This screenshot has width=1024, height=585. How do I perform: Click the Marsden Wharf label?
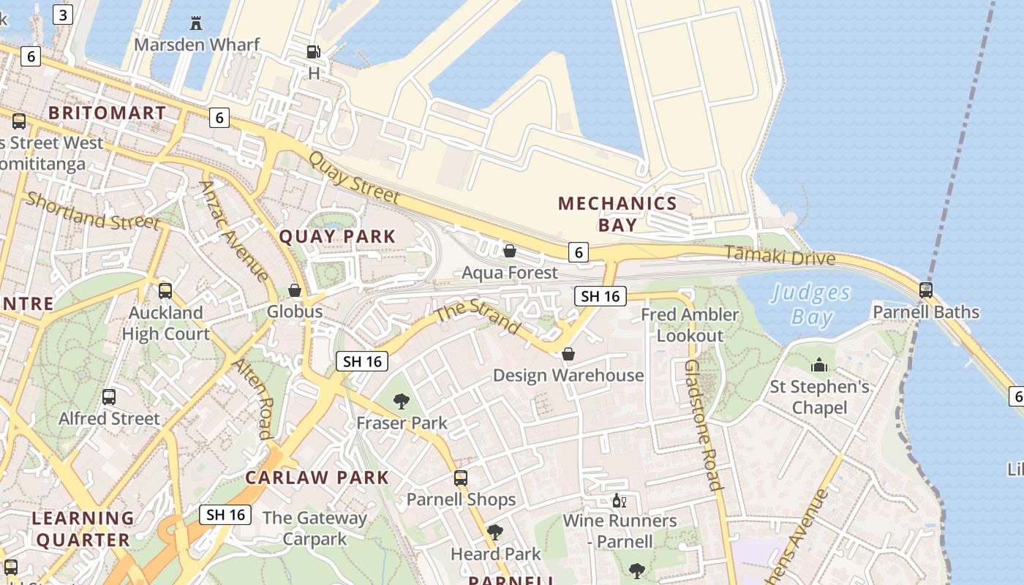(x=197, y=45)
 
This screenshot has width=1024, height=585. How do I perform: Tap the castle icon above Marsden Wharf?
(x=196, y=23)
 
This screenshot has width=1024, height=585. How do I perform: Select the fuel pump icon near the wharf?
(x=313, y=52)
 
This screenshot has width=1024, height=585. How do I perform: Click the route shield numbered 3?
(x=63, y=15)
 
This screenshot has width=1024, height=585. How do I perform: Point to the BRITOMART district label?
(x=107, y=113)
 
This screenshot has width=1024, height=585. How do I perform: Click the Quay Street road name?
(x=354, y=178)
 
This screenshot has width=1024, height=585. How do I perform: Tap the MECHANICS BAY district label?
(x=617, y=214)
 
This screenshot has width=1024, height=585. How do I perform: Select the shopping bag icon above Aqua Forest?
(x=510, y=252)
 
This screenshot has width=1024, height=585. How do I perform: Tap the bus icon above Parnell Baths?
(x=926, y=290)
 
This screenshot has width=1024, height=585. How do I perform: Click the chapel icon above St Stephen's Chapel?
(x=819, y=365)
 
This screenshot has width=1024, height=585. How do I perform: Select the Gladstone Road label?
(x=703, y=424)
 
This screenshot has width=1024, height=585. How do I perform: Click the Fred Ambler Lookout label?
(x=690, y=325)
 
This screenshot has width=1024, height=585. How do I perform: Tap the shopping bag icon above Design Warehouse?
(x=568, y=354)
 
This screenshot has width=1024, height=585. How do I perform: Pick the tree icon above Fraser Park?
(x=401, y=401)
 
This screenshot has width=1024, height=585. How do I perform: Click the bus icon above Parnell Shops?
(x=461, y=478)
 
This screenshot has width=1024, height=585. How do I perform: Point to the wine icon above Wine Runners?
(x=619, y=501)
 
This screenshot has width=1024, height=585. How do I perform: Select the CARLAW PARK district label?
(x=317, y=478)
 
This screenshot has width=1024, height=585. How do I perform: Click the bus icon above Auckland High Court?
(x=165, y=291)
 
